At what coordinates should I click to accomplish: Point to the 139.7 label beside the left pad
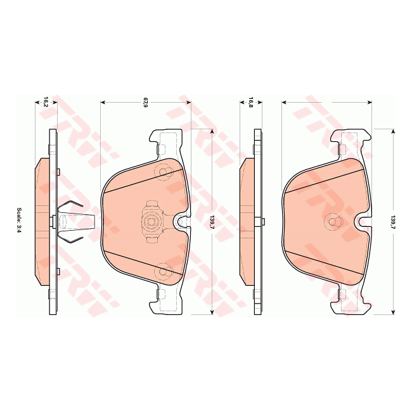(x=211, y=221)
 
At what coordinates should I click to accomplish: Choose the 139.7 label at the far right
(x=393, y=221)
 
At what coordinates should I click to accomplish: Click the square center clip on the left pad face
(x=150, y=221)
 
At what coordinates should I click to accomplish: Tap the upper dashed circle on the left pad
(x=165, y=172)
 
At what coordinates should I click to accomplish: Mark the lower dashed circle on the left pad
(x=165, y=271)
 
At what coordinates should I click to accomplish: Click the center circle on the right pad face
(x=332, y=222)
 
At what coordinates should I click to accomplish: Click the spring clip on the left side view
(x=71, y=221)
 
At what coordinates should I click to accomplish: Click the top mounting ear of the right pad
(x=352, y=139)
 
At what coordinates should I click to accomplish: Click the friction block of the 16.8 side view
(x=247, y=221)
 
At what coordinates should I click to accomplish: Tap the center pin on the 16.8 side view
(x=262, y=221)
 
